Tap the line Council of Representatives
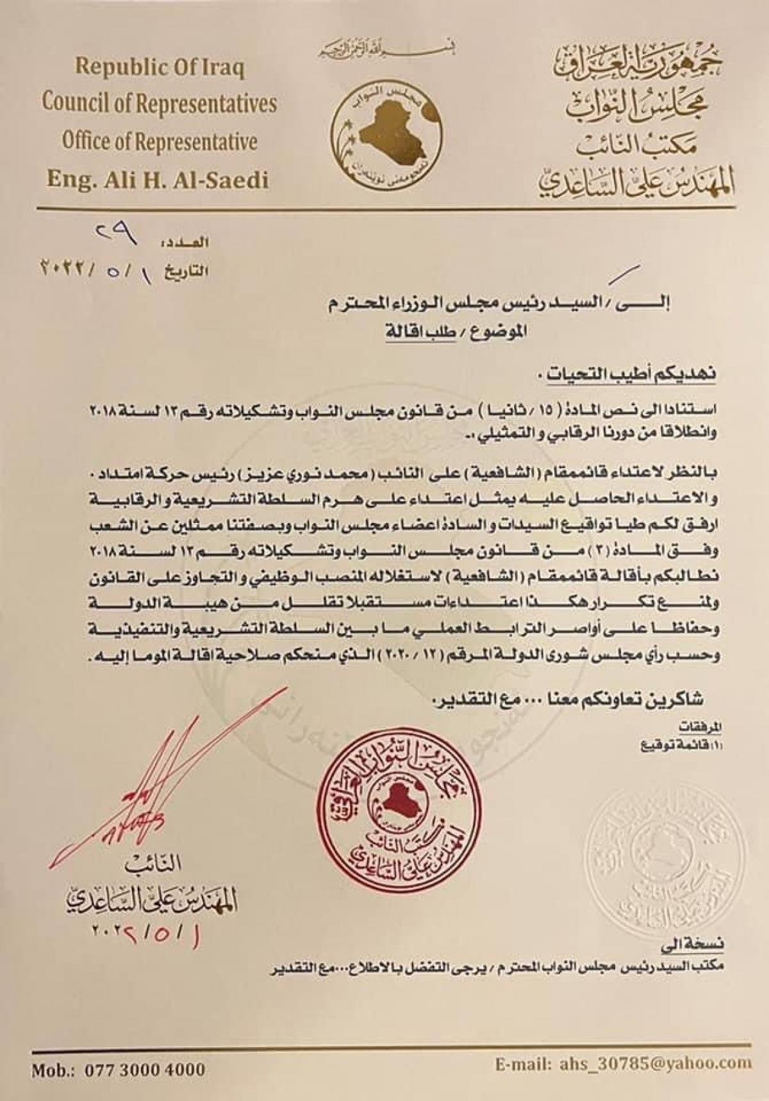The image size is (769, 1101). [x=160, y=104]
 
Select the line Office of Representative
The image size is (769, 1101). [x=160, y=141]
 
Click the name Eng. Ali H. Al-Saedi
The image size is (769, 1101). [x=158, y=179]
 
